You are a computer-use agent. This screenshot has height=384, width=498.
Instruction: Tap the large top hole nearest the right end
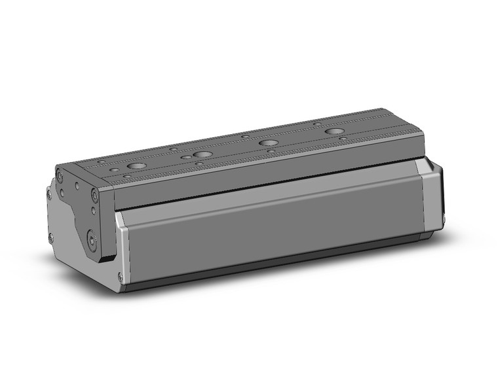[335, 131]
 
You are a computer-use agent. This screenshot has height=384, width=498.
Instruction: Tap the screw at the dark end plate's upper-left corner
[60, 175]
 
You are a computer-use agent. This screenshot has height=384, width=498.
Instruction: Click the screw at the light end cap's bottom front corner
[119, 277]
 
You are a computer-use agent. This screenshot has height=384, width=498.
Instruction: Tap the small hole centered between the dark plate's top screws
[77, 185]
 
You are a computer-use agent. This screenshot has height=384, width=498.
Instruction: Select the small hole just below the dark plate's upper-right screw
[93, 210]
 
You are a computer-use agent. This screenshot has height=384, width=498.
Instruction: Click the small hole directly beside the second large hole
[186, 158]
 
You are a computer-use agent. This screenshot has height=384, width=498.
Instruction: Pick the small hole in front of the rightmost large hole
[343, 139]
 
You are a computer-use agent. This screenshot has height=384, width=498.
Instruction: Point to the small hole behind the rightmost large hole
[317, 124]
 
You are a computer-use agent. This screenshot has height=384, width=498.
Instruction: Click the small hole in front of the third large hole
[271, 151]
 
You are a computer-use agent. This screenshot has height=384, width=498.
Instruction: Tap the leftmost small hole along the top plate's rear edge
[102, 160]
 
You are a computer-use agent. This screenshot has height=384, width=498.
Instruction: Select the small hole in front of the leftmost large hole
[126, 176]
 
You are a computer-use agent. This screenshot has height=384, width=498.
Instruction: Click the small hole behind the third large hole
[245, 137]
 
